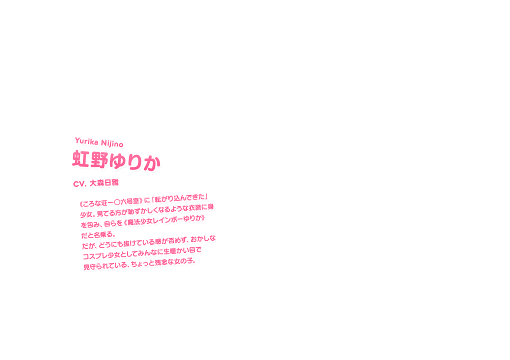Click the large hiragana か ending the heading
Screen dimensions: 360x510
pyautogui.click(x=151, y=162)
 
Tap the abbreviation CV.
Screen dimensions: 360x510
pyautogui.click(x=79, y=184)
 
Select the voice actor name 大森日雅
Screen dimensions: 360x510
pyautogui.click(x=104, y=182)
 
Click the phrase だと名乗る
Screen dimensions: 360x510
pyautogui.click(x=98, y=234)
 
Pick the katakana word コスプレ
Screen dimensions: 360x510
pyautogui.click(x=93, y=256)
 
